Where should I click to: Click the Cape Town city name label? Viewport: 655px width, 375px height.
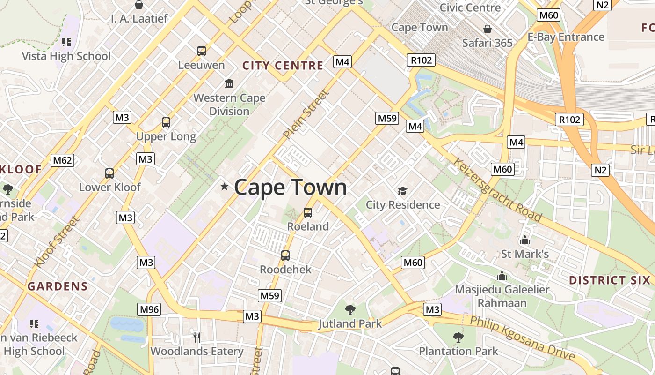pyautogui.click(x=291, y=187)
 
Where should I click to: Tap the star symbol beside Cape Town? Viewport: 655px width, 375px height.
pyautogui.click(x=225, y=187)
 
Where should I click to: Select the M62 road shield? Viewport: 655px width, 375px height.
pyautogui.click(x=63, y=160)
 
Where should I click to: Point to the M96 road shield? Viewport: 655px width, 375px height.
pyautogui.click(x=149, y=309)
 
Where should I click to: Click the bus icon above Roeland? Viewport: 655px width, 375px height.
pyautogui.click(x=308, y=213)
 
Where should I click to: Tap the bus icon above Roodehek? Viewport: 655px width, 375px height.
pyautogui.click(x=285, y=255)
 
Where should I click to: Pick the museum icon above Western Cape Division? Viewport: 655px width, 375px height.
pyautogui.click(x=229, y=84)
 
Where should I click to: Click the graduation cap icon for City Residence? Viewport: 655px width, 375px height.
pyautogui.click(x=402, y=191)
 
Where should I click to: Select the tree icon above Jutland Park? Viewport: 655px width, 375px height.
pyautogui.click(x=350, y=309)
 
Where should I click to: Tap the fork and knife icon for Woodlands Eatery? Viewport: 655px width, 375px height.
pyautogui.click(x=197, y=337)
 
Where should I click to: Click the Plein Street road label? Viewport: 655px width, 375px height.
pyautogui.click(x=306, y=114)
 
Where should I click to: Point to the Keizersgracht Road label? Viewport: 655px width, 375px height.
pyautogui.click(x=497, y=189)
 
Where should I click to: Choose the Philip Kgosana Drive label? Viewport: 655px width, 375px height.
pyautogui.click(x=522, y=338)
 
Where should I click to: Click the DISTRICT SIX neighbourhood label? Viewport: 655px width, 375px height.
pyautogui.click(x=609, y=280)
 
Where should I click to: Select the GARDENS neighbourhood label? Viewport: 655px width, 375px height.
pyautogui.click(x=58, y=286)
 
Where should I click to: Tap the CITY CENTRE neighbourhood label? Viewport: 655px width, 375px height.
pyautogui.click(x=283, y=66)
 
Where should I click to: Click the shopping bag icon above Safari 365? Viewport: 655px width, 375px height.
pyautogui.click(x=488, y=29)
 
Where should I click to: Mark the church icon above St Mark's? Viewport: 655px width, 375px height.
pyautogui.click(x=525, y=240)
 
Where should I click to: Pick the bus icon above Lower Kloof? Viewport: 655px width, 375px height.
pyautogui.click(x=109, y=173)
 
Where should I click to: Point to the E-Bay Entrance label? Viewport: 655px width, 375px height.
pyautogui.click(x=566, y=37)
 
